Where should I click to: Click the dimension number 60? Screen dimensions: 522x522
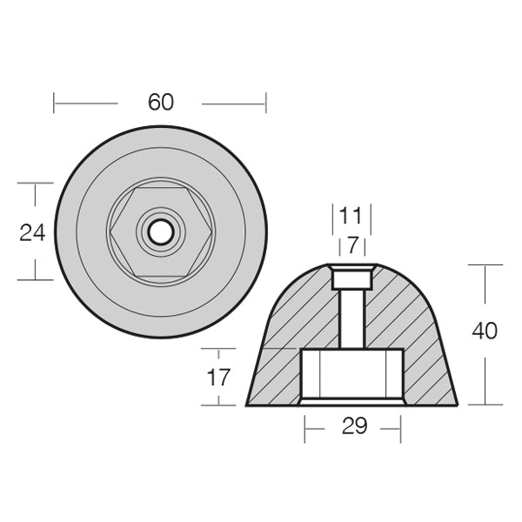coord(161,102)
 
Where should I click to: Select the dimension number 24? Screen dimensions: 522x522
coord(32,232)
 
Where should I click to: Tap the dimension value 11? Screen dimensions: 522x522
coord(351,216)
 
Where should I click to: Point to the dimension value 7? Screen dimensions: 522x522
coord(352,245)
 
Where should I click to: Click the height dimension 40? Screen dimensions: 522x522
coord(485,331)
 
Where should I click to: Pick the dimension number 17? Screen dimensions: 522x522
coord(218,378)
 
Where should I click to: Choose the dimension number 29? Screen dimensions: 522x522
coord(355,425)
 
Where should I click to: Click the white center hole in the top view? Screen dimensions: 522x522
coord(160,231)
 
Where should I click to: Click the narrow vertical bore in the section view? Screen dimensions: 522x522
coord(352,318)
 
